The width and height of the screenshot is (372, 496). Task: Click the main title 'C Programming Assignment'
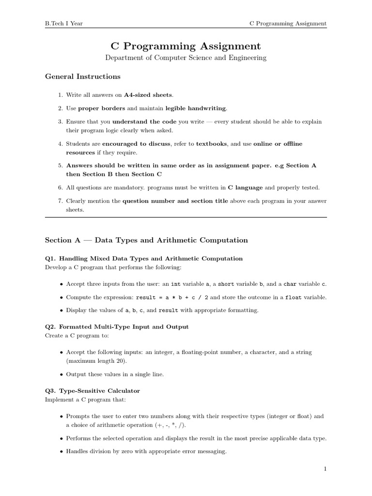[x=186, y=46]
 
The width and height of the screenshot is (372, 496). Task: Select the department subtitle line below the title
[x=186, y=58]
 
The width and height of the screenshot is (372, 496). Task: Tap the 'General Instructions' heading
[x=82, y=77]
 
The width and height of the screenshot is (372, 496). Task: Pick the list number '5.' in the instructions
[x=61, y=166]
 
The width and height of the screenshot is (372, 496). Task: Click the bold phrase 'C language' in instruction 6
[x=245, y=187]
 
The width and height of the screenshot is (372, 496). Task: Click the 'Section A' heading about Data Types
[x=146, y=240]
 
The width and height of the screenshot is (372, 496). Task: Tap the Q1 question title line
[x=144, y=259]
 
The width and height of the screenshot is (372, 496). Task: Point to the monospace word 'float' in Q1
[x=294, y=297]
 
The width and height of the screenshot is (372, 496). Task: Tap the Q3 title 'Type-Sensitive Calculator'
[x=93, y=390]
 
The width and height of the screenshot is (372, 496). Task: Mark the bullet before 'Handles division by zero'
[x=61, y=452]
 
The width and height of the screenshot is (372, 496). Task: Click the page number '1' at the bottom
[x=325, y=469]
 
